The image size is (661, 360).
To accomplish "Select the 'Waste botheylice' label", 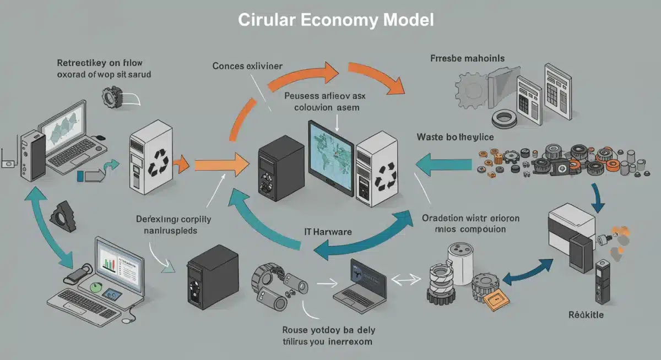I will (x=455, y=137).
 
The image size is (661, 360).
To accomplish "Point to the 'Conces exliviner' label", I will (x=247, y=66).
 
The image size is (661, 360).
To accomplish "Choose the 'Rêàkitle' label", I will (x=586, y=315).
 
